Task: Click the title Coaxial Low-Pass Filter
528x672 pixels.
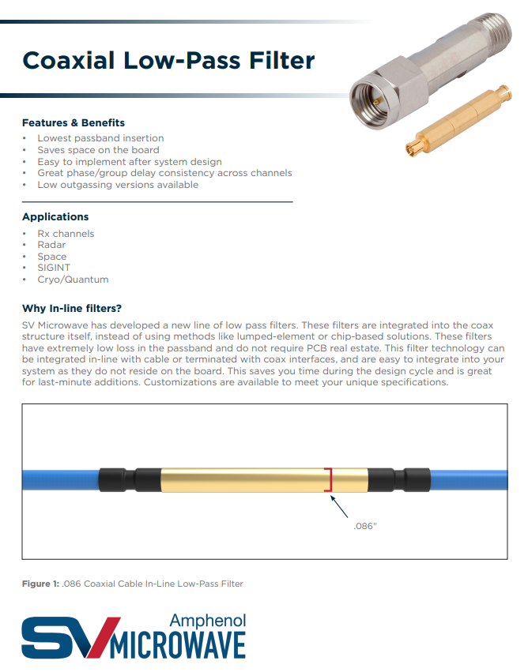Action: click(x=168, y=60)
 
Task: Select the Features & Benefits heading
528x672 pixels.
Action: click(x=74, y=123)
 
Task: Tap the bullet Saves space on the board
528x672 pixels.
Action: click(x=98, y=150)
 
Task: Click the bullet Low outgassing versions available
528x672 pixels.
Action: click(x=118, y=185)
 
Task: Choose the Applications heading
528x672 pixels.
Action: click(x=55, y=216)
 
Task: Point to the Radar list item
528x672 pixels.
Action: click(x=51, y=245)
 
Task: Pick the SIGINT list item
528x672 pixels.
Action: click(x=54, y=268)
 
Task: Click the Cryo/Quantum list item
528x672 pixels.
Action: click(x=73, y=280)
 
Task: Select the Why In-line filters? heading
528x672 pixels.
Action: click(x=72, y=308)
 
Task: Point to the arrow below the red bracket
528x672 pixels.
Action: click(x=338, y=504)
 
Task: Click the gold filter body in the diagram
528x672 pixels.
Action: click(x=245, y=479)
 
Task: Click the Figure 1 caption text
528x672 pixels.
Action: click(x=132, y=584)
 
